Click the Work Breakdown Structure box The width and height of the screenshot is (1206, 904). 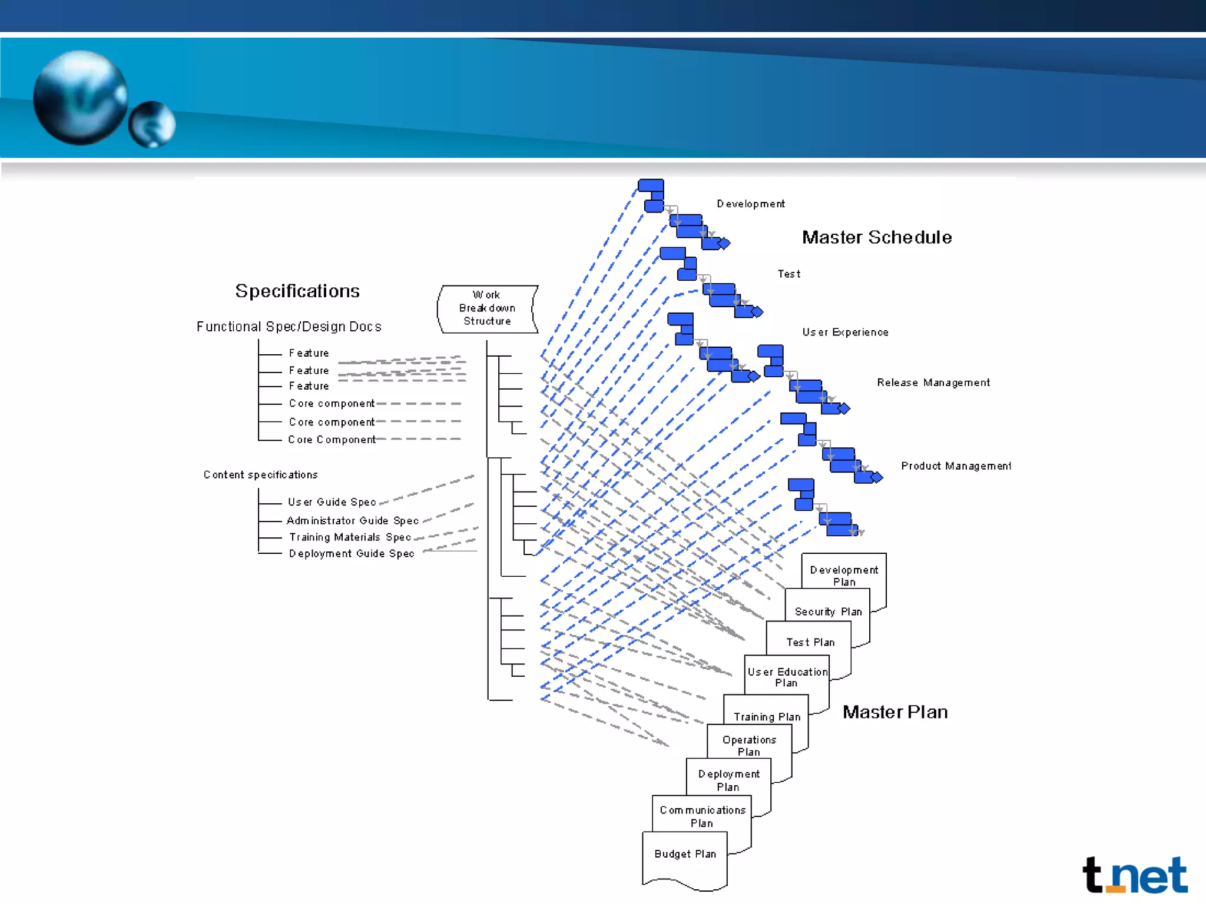[x=487, y=308]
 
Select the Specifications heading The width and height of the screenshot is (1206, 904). [x=297, y=291]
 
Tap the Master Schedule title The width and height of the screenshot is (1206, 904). [x=877, y=237]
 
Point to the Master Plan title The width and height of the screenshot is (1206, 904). [x=895, y=712]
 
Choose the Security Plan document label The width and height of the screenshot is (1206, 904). [x=828, y=611]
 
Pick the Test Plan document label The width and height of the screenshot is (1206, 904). [x=810, y=642]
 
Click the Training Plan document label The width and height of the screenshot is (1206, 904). [x=767, y=716]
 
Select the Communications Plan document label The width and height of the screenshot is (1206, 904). [x=702, y=816]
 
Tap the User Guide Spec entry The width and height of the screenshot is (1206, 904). [x=332, y=502]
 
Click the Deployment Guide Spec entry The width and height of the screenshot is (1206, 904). [x=352, y=553]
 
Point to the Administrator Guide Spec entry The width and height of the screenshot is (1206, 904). [x=352, y=520]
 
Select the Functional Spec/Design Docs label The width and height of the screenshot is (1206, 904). [x=289, y=327]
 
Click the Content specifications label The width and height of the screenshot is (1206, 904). [x=260, y=474]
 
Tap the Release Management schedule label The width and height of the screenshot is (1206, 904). [x=933, y=383]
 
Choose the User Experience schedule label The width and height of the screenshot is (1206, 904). [x=845, y=332]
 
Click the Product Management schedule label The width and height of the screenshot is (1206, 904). [x=956, y=466]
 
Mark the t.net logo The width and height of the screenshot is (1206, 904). [x=1135, y=875]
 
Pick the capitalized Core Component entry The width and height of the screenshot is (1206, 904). [x=332, y=440]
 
